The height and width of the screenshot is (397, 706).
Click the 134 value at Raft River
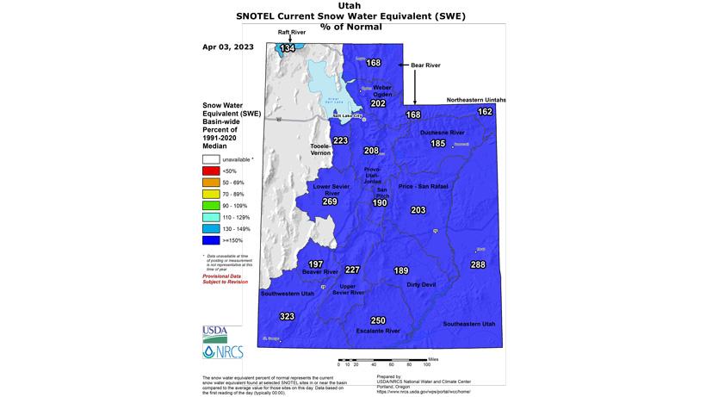(288, 48)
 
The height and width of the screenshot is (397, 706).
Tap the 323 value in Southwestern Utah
(288, 317)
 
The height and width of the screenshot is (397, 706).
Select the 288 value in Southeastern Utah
(478, 264)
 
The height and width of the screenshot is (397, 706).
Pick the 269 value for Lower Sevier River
(330, 202)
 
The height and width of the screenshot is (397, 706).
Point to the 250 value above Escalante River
(378, 320)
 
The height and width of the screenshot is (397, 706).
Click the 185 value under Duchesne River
(438, 143)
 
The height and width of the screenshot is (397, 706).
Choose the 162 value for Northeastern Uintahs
(485, 112)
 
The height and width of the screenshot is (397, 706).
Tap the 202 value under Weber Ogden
(378, 103)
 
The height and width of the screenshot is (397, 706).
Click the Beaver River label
(319, 271)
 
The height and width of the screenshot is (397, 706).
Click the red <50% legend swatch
(211, 171)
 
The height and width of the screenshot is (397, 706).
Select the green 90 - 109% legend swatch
(211, 206)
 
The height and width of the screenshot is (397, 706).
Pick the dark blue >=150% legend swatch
(211, 240)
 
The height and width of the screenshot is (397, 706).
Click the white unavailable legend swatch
(211, 159)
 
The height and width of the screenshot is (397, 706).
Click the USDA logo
(215, 332)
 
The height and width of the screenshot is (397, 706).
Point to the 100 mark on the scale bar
(427, 364)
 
